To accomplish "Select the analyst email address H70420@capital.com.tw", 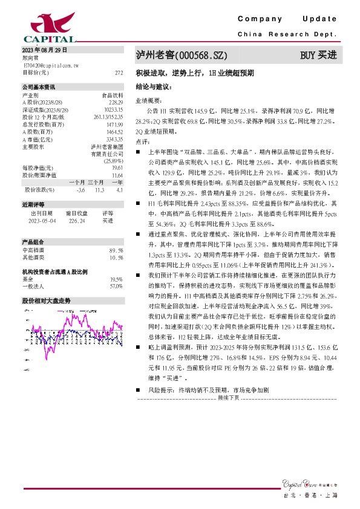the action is click(x=48, y=64).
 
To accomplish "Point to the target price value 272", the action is click(x=119, y=72).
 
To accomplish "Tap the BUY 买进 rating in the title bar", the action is click(x=318, y=56).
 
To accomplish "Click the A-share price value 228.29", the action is click(x=116, y=102).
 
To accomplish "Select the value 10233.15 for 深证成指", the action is click(x=114, y=109).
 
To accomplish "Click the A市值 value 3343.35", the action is click(x=114, y=138).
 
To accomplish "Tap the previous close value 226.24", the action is click(x=76, y=221).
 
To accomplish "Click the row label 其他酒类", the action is click(x=32, y=258).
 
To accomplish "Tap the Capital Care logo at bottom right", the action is click(x=309, y=482).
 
